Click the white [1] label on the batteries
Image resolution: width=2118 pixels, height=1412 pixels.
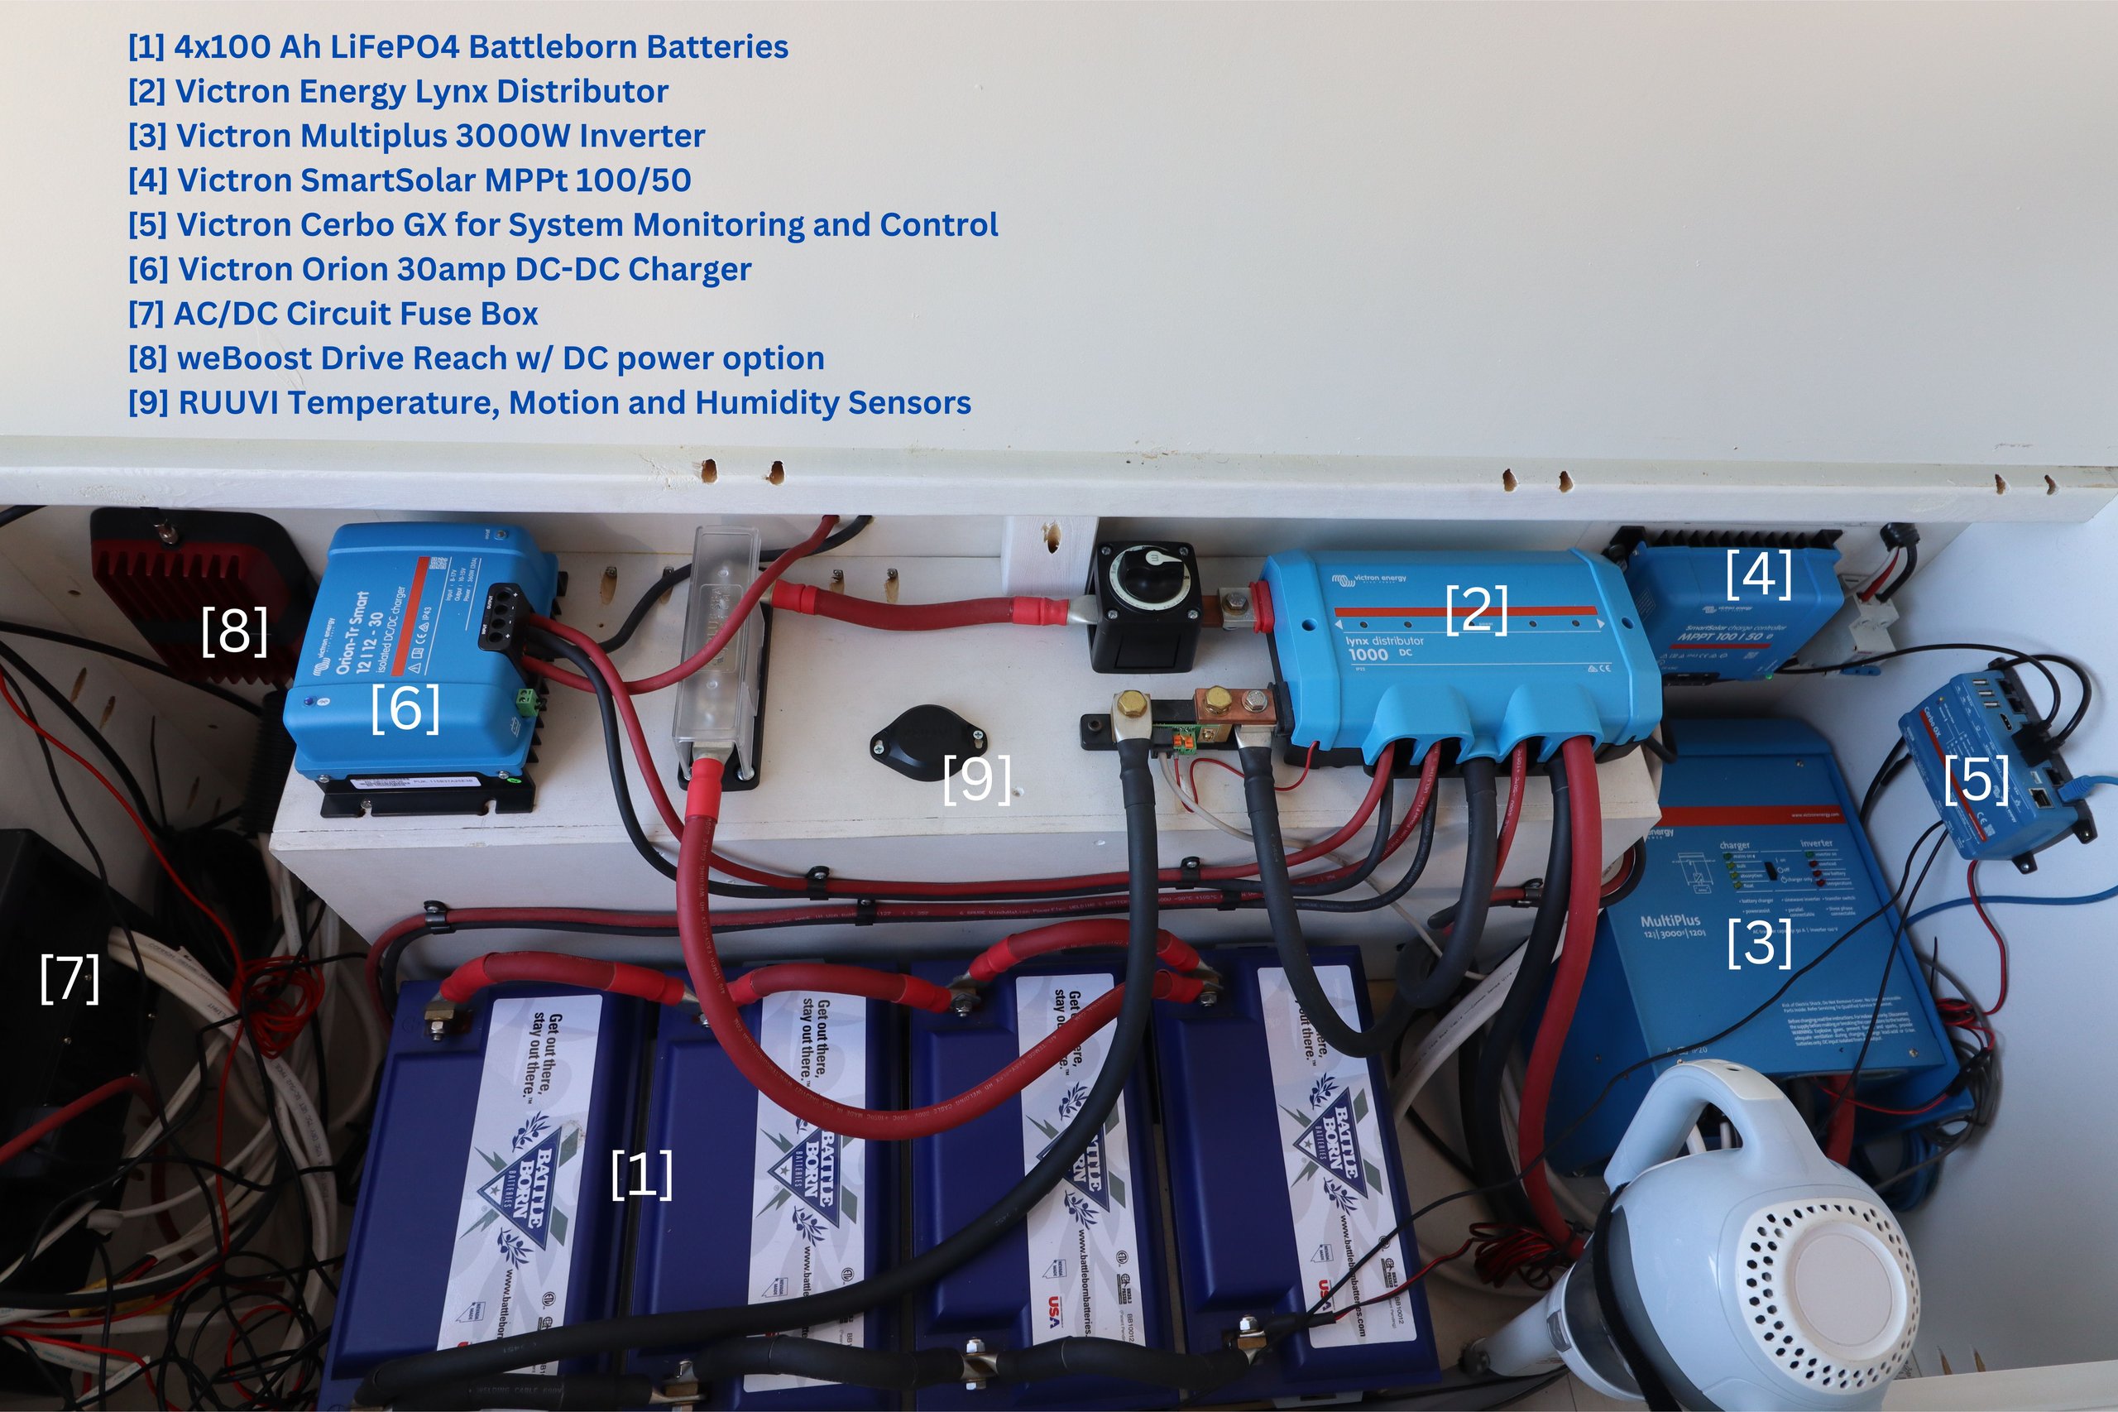[x=642, y=1175]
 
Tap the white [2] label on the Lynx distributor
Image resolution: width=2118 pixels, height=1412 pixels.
[x=1476, y=610]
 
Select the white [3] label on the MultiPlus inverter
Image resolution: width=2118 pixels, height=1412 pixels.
[x=1759, y=943]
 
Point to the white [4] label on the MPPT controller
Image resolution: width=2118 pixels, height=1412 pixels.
[x=1758, y=574]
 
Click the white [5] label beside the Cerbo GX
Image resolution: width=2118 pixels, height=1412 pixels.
[x=1976, y=779]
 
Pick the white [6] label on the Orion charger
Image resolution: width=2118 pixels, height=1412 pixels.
[x=405, y=708]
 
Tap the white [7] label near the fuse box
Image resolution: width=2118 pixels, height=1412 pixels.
[x=69, y=979]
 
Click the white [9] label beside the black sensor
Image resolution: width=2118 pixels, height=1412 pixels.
[x=975, y=779]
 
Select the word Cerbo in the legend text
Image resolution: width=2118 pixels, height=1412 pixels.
[x=345, y=225]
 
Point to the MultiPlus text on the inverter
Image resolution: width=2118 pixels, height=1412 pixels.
[x=1670, y=920]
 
